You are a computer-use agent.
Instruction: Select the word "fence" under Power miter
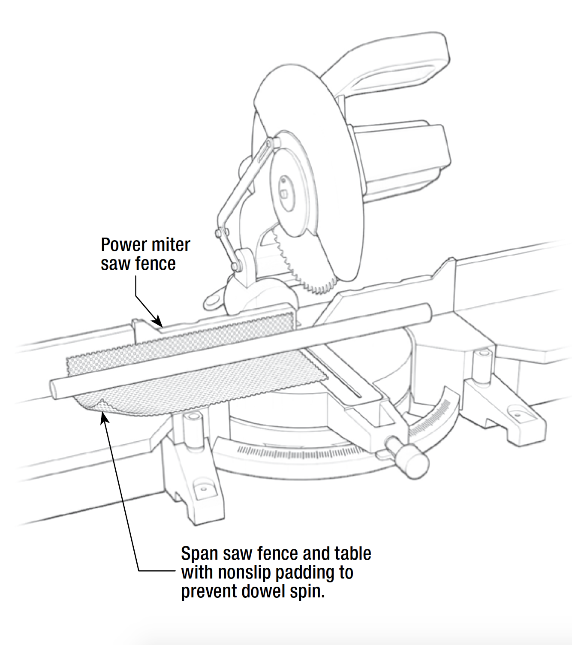(x=156, y=264)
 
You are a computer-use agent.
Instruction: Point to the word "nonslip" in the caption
(x=244, y=573)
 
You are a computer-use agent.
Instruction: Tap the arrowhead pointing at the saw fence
(x=158, y=322)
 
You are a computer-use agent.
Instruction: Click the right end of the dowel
(x=427, y=311)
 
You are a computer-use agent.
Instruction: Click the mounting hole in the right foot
(x=516, y=414)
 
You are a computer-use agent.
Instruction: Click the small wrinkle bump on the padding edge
(x=102, y=403)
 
